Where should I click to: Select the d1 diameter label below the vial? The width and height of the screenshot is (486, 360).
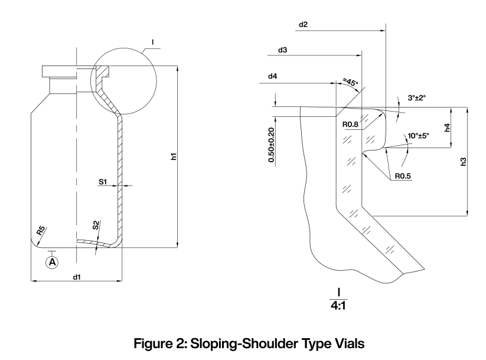(x=76, y=276)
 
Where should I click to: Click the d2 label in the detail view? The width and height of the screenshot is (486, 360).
(x=304, y=25)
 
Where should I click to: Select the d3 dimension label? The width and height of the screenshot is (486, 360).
(x=282, y=50)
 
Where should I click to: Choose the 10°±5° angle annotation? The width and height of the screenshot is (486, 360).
(x=418, y=136)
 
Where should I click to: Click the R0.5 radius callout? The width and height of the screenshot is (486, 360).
(x=401, y=175)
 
